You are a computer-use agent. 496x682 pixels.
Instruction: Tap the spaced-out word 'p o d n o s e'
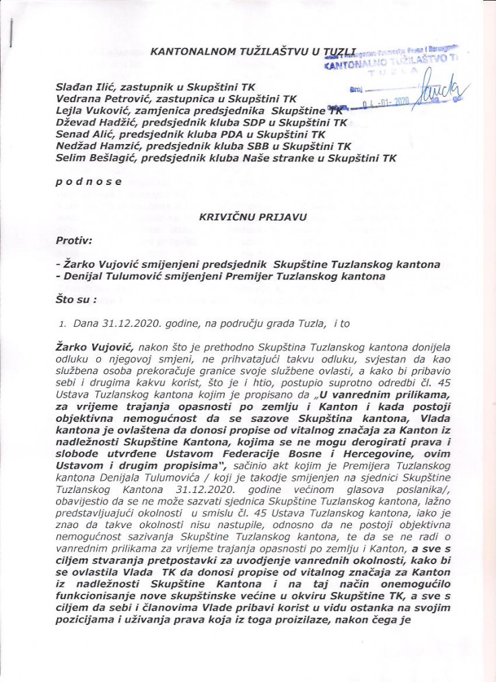click(x=89, y=182)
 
